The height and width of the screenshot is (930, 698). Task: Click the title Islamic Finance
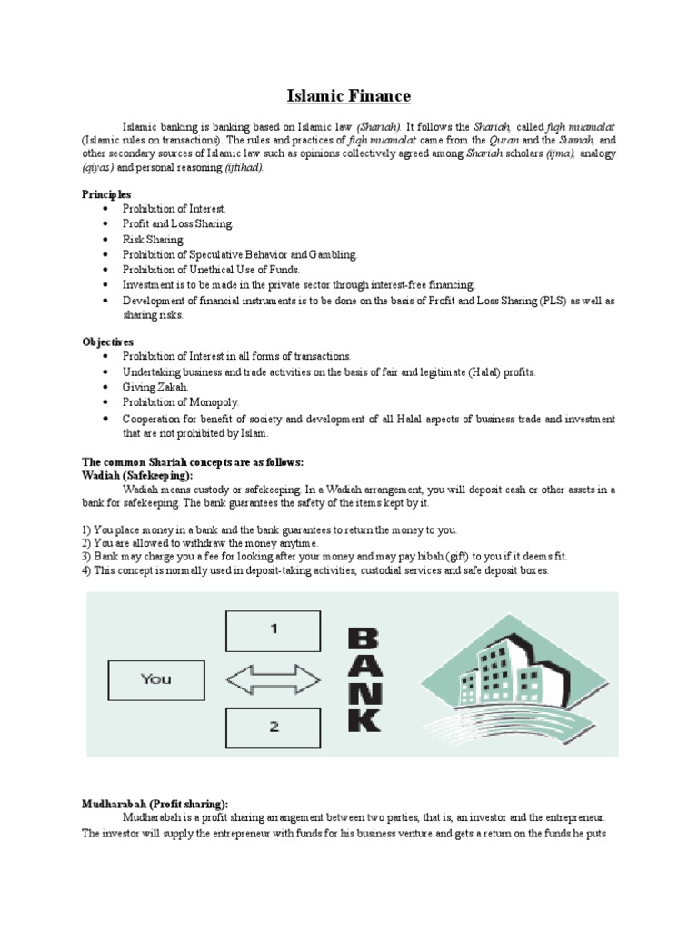pyautogui.click(x=349, y=95)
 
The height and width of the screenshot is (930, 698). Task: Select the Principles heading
pyautogui.click(x=106, y=194)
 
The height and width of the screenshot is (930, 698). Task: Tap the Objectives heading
pyautogui.click(x=108, y=341)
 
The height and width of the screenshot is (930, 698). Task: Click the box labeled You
pyautogui.click(x=155, y=678)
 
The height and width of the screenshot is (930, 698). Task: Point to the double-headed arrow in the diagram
pyautogui.click(x=273, y=678)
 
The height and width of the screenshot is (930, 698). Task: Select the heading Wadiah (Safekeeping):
pyautogui.click(x=138, y=475)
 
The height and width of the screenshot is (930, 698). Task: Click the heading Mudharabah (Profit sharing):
pyautogui.click(x=155, y=804)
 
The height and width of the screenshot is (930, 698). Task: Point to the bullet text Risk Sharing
pyautogui.click(x=154, y=239)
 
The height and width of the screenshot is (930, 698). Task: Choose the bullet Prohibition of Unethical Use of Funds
pyautogui.click(x=212, y=270)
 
